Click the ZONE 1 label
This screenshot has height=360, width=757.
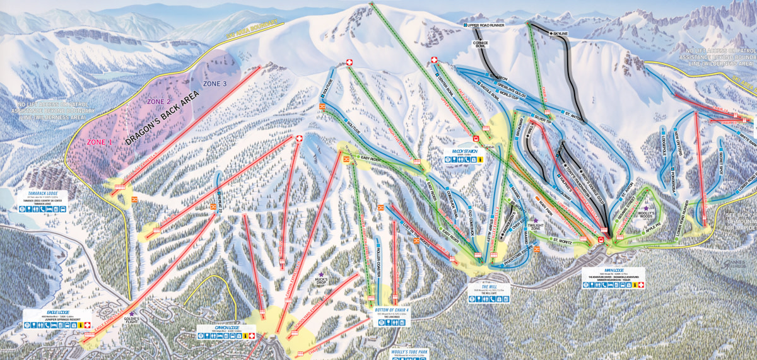click(x=99, y=142)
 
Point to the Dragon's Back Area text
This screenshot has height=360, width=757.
click(x=163, y=120)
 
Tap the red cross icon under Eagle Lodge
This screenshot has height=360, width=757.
click(x=88, y=325)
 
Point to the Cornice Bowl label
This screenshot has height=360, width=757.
click(x=481, y=45)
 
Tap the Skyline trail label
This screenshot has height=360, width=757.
click(x=560, y=33)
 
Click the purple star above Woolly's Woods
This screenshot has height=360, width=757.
click(x=645, y=207)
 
